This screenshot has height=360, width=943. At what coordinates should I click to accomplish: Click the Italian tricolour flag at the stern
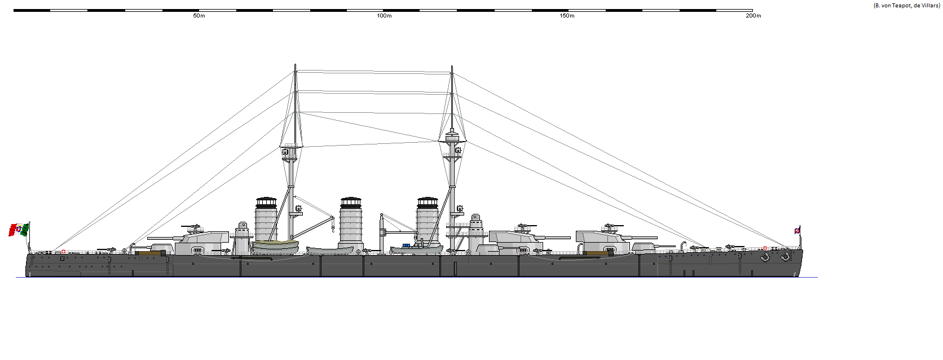[x=19, y=230]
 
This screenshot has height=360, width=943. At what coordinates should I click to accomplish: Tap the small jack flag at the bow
[x=797, y=230]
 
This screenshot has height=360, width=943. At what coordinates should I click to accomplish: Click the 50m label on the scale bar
[x=199, y=16]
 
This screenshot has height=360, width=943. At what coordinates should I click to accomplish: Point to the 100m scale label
[x=384, y=16]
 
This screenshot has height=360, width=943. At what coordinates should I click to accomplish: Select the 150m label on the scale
[x=567, y=16]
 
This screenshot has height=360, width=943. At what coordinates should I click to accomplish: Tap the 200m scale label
[x=753, y=16]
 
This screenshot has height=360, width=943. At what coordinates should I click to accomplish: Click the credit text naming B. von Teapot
[x=906, y=5]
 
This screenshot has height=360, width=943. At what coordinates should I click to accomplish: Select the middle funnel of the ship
[x=351, y=223]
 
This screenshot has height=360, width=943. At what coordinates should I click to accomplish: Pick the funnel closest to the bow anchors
[x=428, y=221]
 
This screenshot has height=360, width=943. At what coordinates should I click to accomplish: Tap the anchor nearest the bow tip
[x=785, y=257]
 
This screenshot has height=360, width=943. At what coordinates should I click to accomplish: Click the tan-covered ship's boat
[x=275, y=246]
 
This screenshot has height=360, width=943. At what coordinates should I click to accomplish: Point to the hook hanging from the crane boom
[x=333, y=228]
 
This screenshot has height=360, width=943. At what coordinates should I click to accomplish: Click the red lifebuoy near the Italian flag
[x=63, y=252]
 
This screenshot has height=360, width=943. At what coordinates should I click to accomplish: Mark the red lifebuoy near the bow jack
[x=765, y=248]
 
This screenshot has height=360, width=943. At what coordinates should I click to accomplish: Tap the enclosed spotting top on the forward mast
[x=452, y=137]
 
